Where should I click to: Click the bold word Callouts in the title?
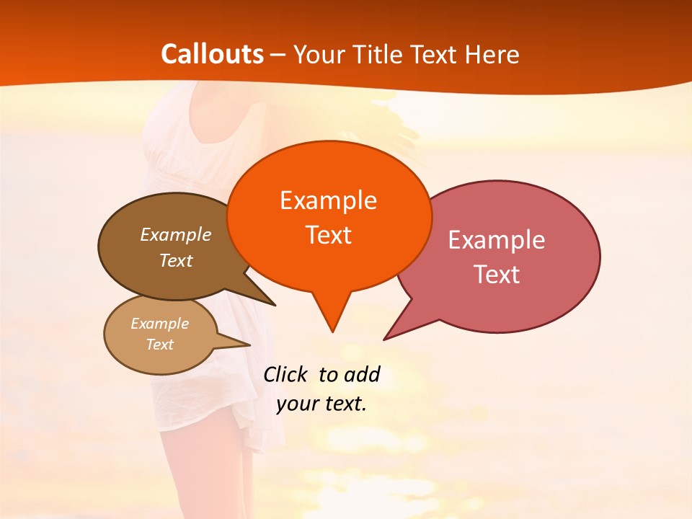pyautogui.click(x=212, y=54)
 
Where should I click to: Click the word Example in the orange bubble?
pyautogui.click(x=328, y=200)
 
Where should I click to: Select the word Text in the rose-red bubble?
pyautogui.click(x=497, y=274)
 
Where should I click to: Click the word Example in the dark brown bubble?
pyautogui.click(x=176, y=234)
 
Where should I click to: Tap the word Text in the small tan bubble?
pyautogui.click(x=160, y=345)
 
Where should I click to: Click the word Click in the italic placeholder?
pyautogui.click(x=285, y=374)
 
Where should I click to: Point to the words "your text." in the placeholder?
pyautogui.click(x=321, y=404)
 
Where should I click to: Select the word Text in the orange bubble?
pyautogui.click(x=329, y=235)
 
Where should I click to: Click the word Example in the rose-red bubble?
pyautogui.click(x=497, y=239)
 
